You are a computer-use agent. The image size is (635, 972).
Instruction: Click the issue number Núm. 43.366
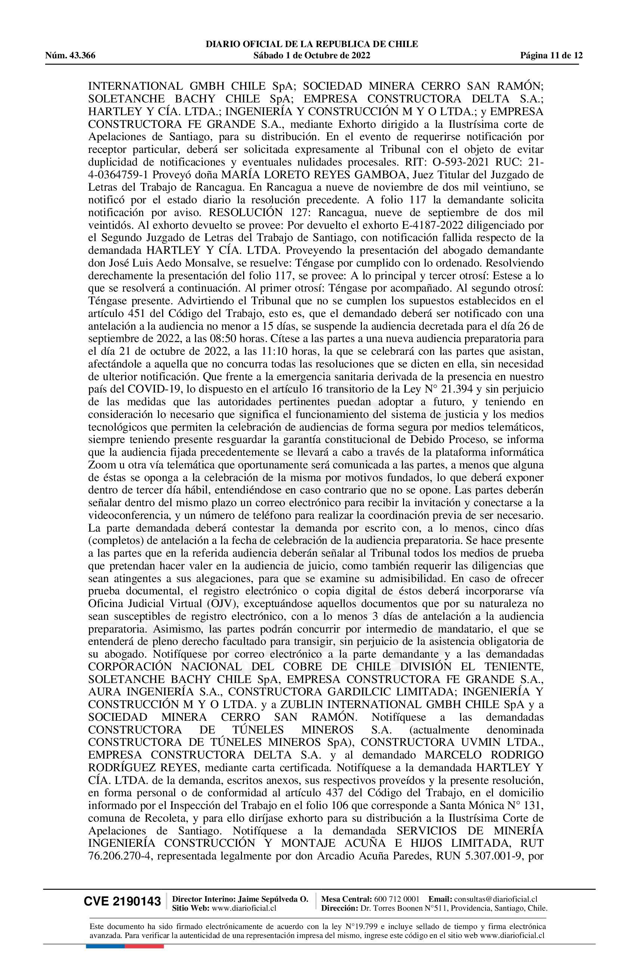coord(70,56)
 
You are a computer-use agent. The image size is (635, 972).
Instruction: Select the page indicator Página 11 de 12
coord(551,56)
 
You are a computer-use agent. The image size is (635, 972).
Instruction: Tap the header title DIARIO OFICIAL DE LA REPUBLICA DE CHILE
coord(312,44)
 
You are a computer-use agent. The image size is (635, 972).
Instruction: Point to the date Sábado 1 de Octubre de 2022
coord(312,56)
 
